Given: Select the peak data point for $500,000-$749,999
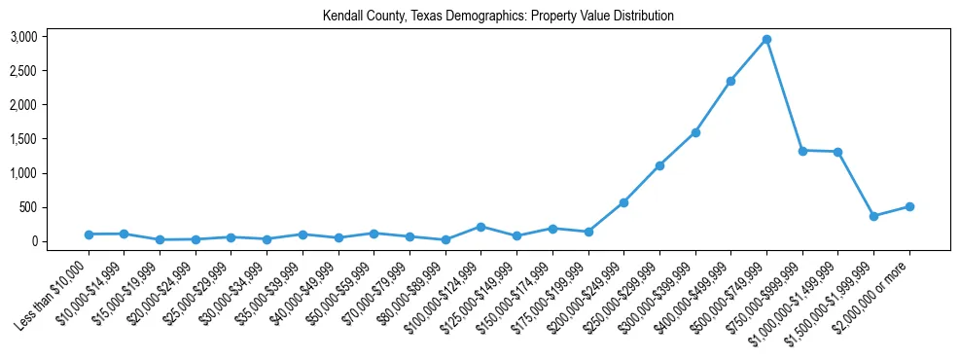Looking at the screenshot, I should (766, 39).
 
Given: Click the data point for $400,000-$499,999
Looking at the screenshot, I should (730, 81).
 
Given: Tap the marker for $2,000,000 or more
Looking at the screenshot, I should (909, 206).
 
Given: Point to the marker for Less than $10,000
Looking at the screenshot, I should (89, 234).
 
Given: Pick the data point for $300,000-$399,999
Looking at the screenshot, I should (695, 132).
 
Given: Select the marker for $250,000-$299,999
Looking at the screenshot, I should (659, 165).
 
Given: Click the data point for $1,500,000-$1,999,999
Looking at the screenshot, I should (873, 216).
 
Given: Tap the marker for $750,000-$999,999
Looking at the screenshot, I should (802, 151).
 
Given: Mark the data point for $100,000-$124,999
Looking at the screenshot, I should (481, 227).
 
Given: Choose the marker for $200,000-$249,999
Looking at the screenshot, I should (623, 202).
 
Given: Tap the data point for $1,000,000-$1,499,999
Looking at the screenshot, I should (837, 152).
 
